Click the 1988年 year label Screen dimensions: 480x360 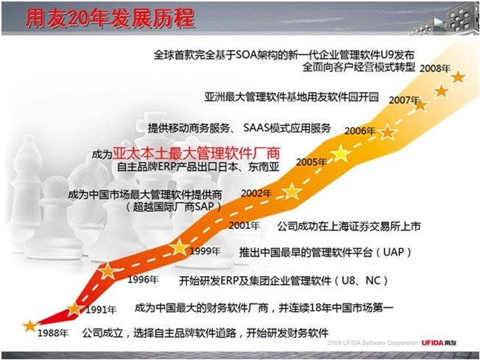[53, 333]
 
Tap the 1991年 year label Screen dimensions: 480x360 [101, 310]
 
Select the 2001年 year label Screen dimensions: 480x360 [244, 225]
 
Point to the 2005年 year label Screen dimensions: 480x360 [311, 162]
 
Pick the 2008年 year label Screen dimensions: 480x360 [435, 68]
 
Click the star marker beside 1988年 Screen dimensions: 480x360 [30, 326]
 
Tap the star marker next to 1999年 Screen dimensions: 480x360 [180, 247]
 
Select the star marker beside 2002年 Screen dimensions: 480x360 [292, 191]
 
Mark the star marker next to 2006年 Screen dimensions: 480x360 [387, 133]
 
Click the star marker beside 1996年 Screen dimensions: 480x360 [107, 271]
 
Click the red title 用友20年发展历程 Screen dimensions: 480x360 [110, 18]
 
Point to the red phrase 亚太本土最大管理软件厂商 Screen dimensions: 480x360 [197, 153]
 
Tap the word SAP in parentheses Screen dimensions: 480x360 [204, 207]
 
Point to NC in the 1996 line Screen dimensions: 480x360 [373, 280]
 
